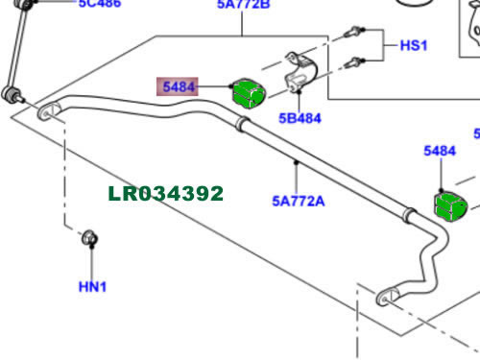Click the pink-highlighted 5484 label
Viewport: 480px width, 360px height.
[x=180, y=86]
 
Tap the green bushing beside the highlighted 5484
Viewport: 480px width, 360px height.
[x=249, y=93]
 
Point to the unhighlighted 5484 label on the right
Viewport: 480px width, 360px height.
[x=440, y=151]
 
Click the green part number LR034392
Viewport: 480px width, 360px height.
[x=165, y=195]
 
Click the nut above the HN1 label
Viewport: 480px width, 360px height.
[x=91, y=237]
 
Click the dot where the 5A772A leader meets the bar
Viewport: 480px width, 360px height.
[x=297, y=164]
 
